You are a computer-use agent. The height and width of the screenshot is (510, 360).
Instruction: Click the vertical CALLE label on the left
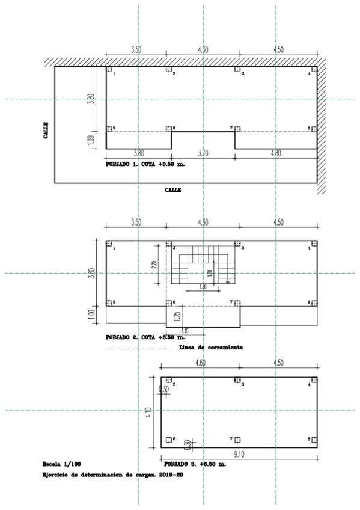pos(46,131)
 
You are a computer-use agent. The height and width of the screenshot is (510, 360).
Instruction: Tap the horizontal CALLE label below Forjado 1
pos(173,189)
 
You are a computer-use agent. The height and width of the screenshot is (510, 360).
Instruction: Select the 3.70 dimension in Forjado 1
pos(203,154)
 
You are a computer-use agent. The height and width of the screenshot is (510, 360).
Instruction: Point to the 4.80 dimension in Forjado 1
pos(276,154)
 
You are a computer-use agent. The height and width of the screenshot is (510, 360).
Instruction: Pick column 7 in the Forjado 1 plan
pos(237,129)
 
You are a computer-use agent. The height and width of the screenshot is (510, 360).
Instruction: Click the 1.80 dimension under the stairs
pos(203,288)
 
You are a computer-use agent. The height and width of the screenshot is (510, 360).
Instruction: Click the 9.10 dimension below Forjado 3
pos(238,455)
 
